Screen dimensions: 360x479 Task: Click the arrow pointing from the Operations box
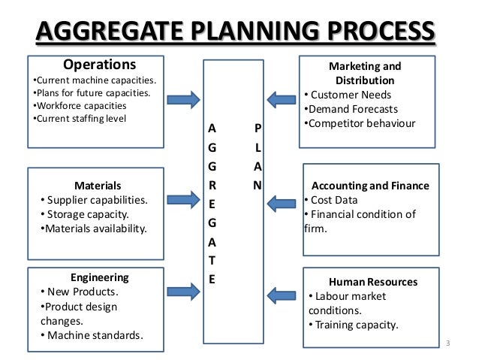coord(183,98)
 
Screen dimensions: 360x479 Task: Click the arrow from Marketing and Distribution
coord(282,98)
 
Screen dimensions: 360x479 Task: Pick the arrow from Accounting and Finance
coord(282,201)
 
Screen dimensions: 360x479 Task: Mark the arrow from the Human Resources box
coord(282,295)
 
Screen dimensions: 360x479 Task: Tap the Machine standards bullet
coord(94,334)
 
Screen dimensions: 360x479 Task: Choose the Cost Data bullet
coord(332,200)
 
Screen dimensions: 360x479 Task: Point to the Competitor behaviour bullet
coord(359,123)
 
